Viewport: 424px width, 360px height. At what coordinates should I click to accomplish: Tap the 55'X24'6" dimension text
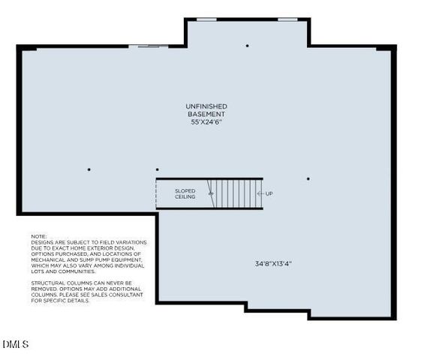point(206,121)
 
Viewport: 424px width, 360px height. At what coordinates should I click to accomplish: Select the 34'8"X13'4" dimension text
point(274,263)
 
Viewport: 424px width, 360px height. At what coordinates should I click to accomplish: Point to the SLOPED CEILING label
point(185,193)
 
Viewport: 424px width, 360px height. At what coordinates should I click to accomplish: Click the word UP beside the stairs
point(269,193)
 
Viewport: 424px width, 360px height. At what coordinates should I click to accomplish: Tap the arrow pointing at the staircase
point(259,193)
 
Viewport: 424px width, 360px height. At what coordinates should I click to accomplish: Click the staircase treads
point(236,193)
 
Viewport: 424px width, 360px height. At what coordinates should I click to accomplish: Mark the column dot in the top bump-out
point(247,46)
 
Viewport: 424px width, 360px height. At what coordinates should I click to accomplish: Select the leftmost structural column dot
point(89,169)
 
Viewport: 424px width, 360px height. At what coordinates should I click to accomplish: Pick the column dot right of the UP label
point(308,178)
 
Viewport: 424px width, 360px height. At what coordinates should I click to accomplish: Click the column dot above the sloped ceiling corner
point(157,169)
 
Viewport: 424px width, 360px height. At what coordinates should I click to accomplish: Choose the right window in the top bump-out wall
point(287,19)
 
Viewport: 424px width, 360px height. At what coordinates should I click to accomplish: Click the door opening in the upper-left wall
point(149,46)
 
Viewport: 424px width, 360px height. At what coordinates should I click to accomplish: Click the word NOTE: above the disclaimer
point(39,236)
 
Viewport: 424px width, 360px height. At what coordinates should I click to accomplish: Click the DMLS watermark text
point(15,344)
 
